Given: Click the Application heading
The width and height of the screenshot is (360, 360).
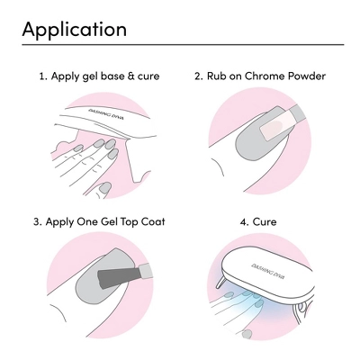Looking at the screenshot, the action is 74,30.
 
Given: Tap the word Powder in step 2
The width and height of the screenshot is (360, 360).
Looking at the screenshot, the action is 307,76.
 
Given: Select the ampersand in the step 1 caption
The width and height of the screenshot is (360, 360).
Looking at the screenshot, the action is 130,76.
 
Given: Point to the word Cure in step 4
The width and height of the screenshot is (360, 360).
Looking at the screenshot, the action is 265,222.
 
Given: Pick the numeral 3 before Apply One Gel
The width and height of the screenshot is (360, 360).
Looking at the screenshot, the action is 36,222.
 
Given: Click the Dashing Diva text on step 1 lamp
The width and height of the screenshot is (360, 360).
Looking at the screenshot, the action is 106,114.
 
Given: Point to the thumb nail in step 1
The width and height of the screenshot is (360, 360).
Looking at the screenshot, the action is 105,188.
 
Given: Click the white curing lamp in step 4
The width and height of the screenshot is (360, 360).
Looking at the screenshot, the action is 267,273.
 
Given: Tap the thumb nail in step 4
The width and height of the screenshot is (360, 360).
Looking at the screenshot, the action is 247,334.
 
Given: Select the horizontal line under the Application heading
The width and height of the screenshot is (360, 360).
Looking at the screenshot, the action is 183,44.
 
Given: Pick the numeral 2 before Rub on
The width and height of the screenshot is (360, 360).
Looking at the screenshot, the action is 197,76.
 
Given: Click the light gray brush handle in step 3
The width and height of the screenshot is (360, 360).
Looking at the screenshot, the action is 145,269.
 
